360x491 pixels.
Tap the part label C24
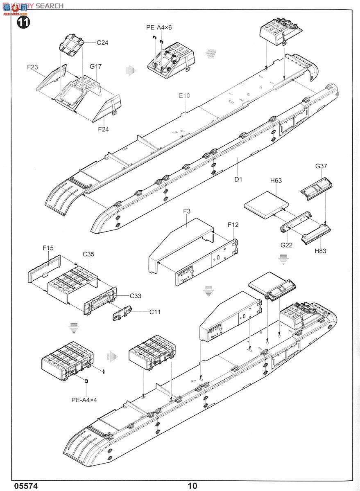[102, 42]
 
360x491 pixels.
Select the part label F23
[33, 67]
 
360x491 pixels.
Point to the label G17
[95, 66]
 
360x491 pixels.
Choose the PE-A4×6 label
[159, 28]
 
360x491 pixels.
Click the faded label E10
[185, 96]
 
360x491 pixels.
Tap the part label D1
[239, 179]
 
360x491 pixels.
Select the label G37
[322, 166]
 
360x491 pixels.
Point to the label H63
[276, 180]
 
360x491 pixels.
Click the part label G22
[286, 245]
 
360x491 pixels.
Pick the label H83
[321, 251]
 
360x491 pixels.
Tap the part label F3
[187, 211]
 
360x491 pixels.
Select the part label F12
[233, 225]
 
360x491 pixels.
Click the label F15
[48, 248]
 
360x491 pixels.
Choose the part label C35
[88, 254]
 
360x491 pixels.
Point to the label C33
[136, 296]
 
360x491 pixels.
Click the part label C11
[155, 312]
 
